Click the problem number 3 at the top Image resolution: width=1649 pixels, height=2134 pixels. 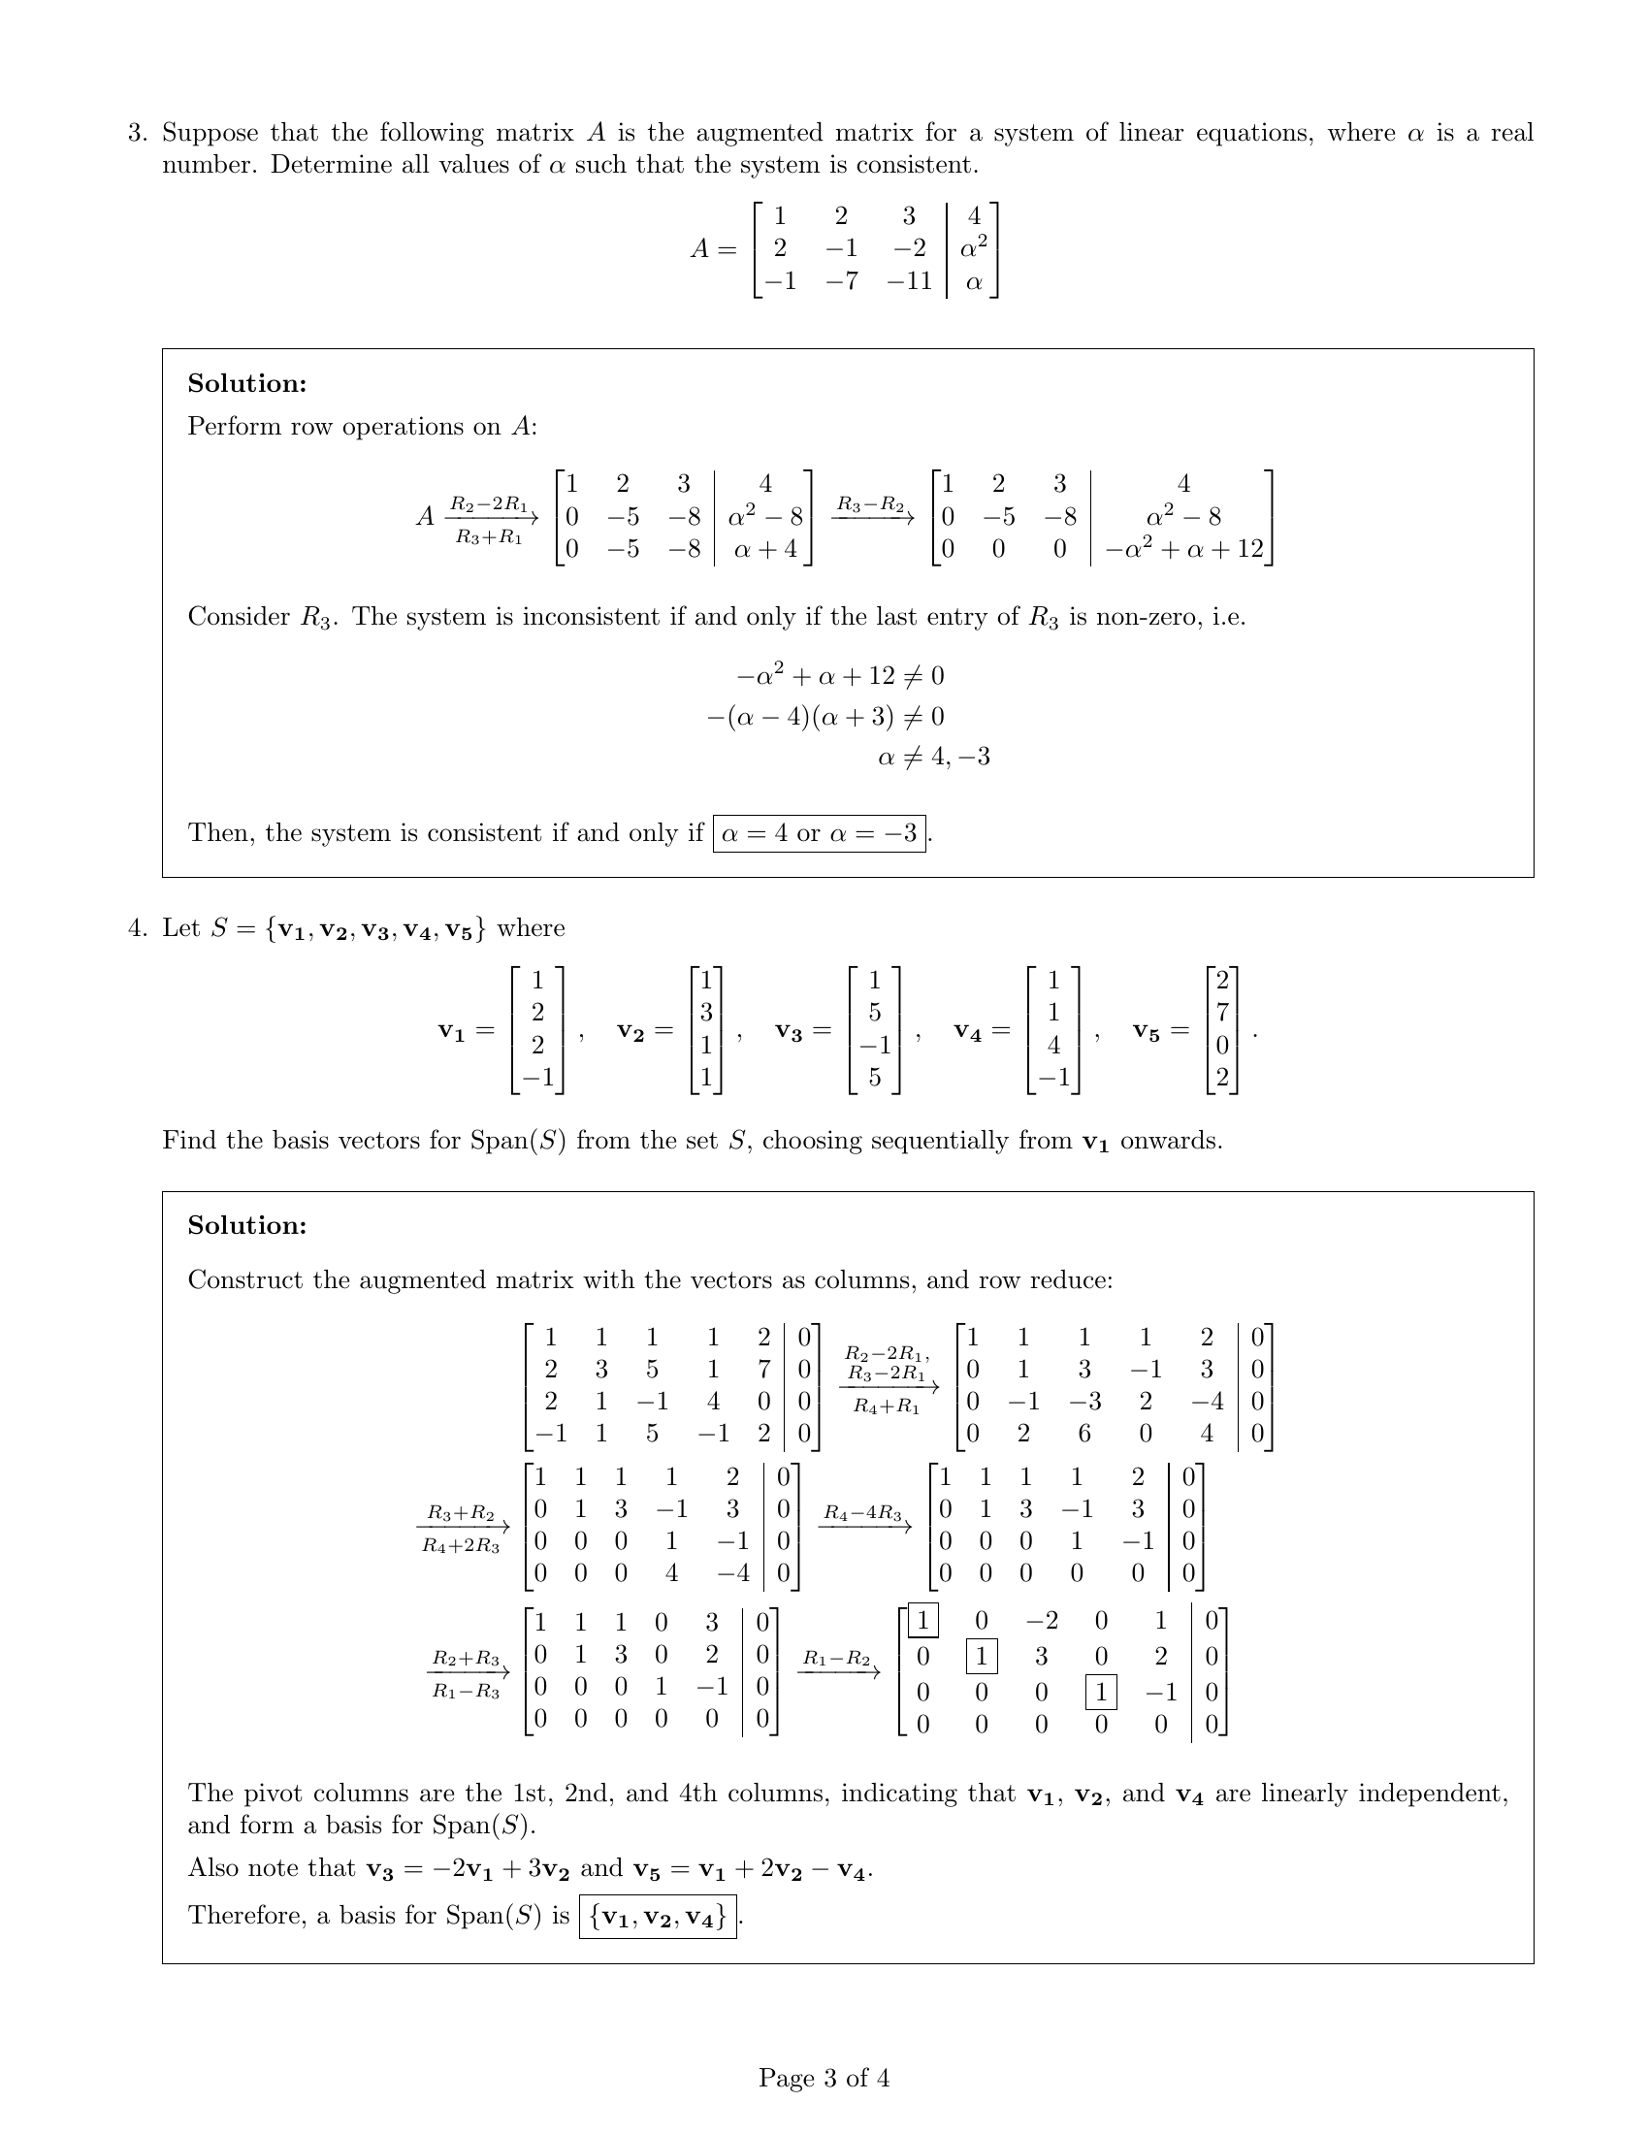coord(137,133)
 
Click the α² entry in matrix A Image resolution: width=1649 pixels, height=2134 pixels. coord(973,248)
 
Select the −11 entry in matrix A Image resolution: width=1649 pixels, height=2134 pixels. coord(909,281)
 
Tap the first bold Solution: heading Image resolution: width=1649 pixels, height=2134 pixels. coord(247,384)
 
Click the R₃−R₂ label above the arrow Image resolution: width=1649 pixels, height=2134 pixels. coord(868,504)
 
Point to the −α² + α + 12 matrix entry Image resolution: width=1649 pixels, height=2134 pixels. coord(1183,549)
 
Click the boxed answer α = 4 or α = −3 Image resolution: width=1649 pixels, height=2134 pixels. coord(820,833)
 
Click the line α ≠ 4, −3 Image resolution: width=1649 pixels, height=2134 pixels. coord(933,758)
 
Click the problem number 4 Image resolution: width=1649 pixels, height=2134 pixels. coord(137,928)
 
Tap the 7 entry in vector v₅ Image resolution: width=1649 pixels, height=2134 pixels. coord(1222,1013)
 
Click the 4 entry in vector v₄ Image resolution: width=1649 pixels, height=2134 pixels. coord(1053,1046)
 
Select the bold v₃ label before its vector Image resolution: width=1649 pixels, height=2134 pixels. coord(789,1031)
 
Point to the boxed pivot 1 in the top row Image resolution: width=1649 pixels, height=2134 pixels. coord(922,1621)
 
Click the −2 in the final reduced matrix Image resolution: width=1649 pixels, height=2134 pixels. coord(1042,1621)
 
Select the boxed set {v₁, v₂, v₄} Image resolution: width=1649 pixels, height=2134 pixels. coord(658,1916)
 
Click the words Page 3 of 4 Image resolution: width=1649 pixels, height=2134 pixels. coord(824,2078)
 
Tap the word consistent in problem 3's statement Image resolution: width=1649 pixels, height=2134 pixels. coord(916,165)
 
